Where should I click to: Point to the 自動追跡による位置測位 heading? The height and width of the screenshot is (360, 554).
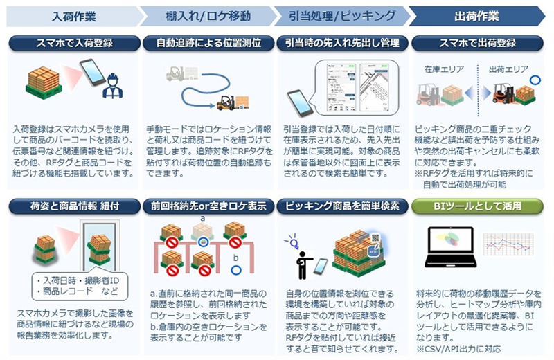[x=208, y=43]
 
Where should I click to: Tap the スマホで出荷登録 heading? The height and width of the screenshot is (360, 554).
[x=477, y=43]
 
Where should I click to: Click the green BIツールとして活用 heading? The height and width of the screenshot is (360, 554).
[x=477, y=206]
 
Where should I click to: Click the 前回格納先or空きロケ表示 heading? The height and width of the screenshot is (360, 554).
[x=208, y=206]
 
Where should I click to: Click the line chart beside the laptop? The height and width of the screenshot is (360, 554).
[x=508, y=243]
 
